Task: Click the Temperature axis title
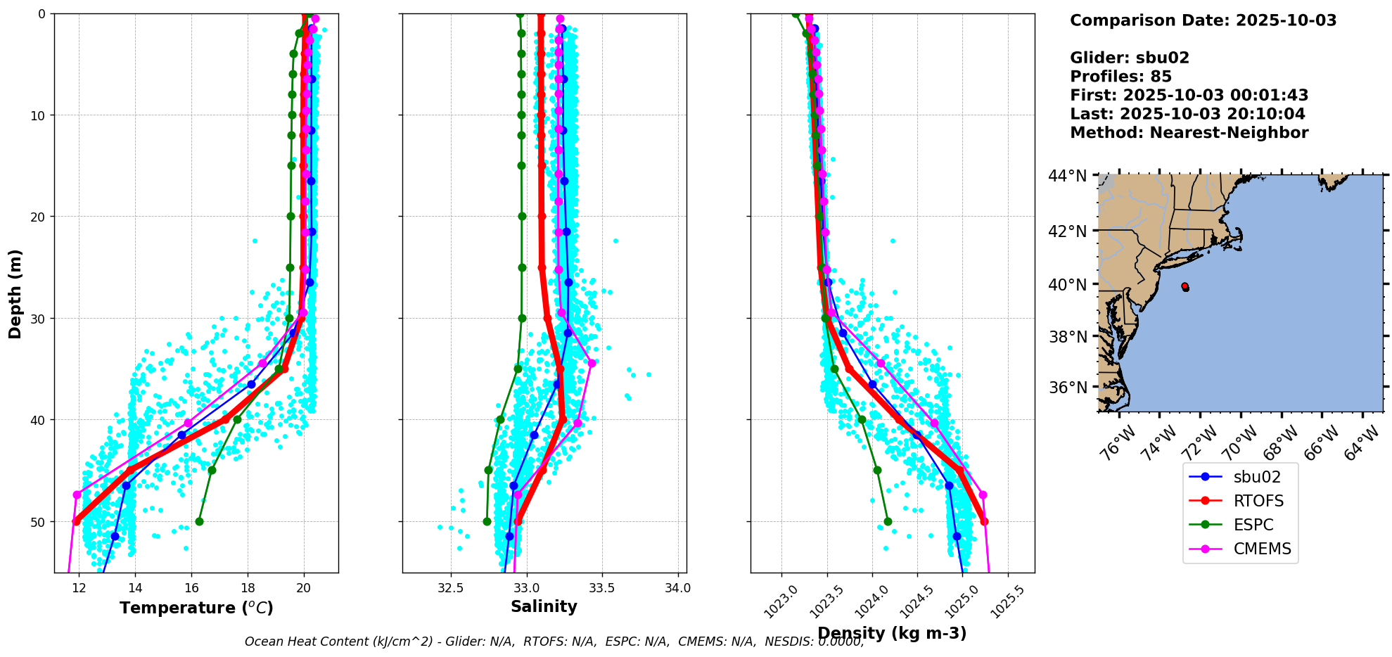coord(196,608)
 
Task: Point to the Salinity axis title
coord(544,606)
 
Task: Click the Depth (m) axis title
coord(15,293)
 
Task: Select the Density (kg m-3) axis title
coord(892,633)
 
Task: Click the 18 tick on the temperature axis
coord(248,587)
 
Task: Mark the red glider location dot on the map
coord(1185,286)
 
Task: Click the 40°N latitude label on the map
coord(1068,284)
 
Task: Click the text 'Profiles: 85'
coord(1120,77)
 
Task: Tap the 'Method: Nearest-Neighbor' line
coord(1189,133)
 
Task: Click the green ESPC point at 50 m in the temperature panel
coord(199,521)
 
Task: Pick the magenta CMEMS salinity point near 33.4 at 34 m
coord(592,363)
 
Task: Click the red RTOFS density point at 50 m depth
coord(984,521)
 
